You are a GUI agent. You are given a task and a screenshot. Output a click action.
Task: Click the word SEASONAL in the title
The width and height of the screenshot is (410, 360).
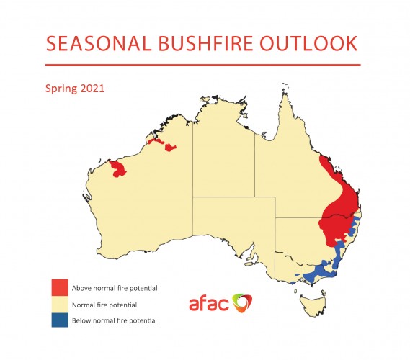pyautogui.click(x=99, y=43)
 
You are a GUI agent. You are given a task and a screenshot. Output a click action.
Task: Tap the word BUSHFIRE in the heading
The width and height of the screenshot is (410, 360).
pyautogui.click(x=205, y=43)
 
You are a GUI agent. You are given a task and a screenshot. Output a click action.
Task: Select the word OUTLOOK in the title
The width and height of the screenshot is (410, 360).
pyautogui.click(x=308, y=43)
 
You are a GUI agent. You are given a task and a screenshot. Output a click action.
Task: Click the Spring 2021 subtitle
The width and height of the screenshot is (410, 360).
pyautogui.click(x=75, y=89)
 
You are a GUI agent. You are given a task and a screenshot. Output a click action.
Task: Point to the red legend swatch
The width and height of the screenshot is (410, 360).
pyautogui.click(x=60, y=287)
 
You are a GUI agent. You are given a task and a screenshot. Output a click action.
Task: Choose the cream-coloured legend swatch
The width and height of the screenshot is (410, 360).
pyautogui.click(x=60, y=305)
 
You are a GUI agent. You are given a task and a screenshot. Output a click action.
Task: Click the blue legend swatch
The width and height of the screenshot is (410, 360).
pyautogui.click(x=60, y=320)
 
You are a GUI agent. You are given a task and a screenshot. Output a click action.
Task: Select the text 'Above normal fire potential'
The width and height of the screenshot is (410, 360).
pyautogui.click(x=115, y=288)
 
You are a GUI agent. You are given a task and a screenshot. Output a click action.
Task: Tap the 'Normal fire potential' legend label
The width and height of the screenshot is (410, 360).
pyautogui.click(x=104, y=305)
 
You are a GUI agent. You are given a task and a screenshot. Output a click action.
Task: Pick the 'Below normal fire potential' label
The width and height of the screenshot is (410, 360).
pyautogui.click(x=115, y=320)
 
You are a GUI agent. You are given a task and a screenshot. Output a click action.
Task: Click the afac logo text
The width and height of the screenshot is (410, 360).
pyautogui.click(x=209, y=304)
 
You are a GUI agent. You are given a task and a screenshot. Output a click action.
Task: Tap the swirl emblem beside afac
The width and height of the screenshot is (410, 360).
pyautogui.click(x=242, y=302)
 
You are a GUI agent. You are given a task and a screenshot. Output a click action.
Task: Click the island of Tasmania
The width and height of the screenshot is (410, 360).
pyautogui.click(x=313, y=305)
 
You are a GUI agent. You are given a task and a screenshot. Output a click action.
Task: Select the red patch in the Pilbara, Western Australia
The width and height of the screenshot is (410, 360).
pyautogui.click(x=117, y=169)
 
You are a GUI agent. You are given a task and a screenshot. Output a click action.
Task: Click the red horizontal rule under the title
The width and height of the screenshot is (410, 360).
pyautogui.click(x=203, y=65)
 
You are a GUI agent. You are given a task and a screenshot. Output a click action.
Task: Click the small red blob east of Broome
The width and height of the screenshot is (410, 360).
pyautogui.click(x=171, y=147)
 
